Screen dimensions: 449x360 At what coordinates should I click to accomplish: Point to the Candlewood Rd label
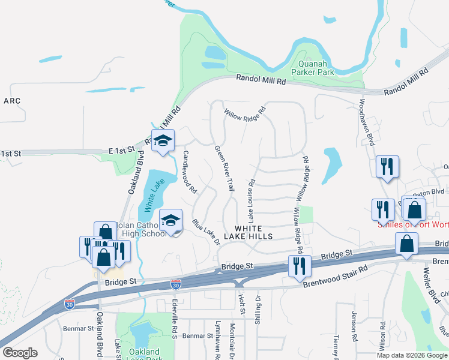(x=190, y=171)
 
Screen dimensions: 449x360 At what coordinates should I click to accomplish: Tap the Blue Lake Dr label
(x=205, y=230)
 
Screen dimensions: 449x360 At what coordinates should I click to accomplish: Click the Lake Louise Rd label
(x=250, y=199)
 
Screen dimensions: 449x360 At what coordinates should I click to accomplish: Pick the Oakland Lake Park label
(x=144, y=355)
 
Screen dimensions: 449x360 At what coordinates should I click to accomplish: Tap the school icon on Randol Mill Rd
(x=162, y=142)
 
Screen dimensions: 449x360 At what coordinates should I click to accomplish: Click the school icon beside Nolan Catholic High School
(x=170, y=221)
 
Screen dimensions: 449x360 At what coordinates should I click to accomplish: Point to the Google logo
(x=20, y=353)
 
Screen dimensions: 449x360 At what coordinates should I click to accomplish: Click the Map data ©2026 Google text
(x=411, y=355)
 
